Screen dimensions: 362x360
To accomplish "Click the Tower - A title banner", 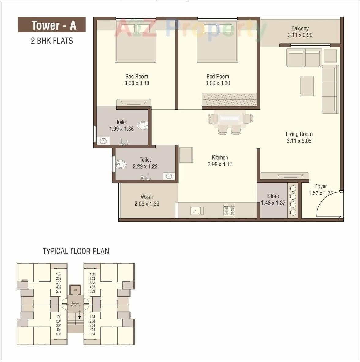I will click(x=52, y=25).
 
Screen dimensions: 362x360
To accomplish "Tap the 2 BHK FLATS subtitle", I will click(x=52, y=41).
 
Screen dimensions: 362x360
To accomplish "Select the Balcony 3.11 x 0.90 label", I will click(x=300, y=32).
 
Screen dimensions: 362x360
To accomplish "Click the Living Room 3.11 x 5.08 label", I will click(x=299, y=137).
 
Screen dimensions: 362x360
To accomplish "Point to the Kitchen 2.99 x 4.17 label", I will click(x=220, y=161).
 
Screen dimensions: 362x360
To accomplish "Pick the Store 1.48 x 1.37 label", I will click(x=273, y=200).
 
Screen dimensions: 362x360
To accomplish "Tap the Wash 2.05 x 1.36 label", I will click(x=147, y=200).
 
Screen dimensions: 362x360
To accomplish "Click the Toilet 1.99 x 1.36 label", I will click(x=121, y=125).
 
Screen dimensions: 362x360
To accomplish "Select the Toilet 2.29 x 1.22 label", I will click(x=145, y=163).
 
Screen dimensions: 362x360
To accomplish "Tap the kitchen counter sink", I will click(x=196, y=211).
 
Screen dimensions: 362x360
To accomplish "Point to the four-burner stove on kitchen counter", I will click(x=229, y=211).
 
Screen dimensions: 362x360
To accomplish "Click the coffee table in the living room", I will click(x=307, y=86).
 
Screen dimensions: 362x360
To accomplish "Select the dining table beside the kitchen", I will click(x=230, y=118).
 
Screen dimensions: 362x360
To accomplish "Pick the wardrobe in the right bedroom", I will click(x=229, y=100).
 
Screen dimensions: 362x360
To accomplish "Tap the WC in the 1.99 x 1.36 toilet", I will click(x=142, y=125).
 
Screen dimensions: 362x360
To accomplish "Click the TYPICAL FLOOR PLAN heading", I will click(x=76, y=251).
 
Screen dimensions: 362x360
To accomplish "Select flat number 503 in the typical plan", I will click(x=92, y=291).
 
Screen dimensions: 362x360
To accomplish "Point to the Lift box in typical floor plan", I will click(x=75, y=290).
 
